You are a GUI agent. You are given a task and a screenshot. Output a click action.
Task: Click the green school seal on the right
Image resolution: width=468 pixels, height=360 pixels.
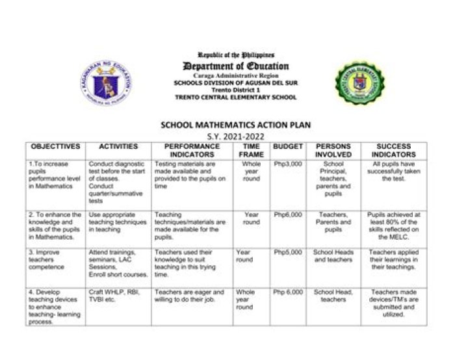tap(359, 83)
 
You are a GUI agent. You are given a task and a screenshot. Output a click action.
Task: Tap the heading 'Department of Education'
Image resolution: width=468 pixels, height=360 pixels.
tap(235, 66)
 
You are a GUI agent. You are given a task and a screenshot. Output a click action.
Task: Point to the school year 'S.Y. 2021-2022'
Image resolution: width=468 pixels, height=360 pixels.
tap(235, 136)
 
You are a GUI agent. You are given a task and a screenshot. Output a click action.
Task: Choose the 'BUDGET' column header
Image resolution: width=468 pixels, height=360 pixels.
tap(287, 147)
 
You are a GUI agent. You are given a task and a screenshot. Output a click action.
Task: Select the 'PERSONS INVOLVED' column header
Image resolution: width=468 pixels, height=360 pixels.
tap(333, 151)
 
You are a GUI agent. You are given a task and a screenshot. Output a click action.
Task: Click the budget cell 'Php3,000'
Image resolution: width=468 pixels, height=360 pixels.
tap(287, 164)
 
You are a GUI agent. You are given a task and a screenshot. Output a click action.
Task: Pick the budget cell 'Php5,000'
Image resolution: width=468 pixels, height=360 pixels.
tap(287, 251)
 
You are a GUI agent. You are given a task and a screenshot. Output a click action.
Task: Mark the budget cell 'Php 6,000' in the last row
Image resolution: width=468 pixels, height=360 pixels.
tap(287, 292)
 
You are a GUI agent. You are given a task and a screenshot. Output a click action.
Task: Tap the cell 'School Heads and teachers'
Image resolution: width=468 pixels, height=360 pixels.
tap(333, 255)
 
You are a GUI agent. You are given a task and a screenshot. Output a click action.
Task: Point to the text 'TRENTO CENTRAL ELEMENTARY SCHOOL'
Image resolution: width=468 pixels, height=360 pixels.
tap(235, 97)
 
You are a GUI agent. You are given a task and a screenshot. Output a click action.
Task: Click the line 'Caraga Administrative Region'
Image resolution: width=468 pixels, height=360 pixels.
tap(235, 77)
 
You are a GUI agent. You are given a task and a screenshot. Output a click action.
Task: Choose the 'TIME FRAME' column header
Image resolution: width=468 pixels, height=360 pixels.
tap(251, 151)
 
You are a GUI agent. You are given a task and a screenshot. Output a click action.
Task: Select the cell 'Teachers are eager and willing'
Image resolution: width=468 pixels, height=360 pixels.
tap(190, 296)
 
